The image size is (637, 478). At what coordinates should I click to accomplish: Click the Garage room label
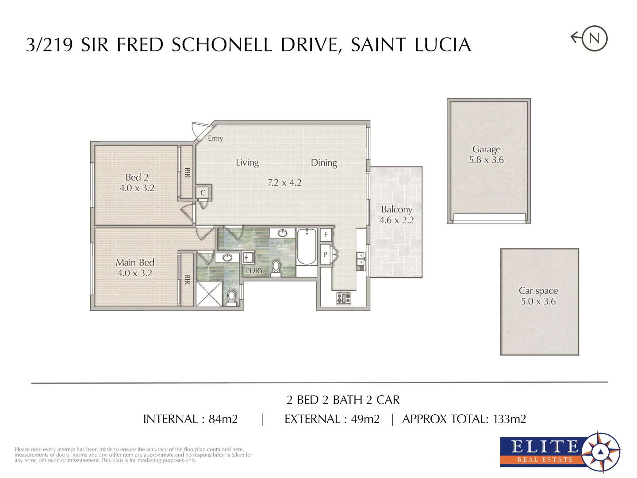(x=486, y=149)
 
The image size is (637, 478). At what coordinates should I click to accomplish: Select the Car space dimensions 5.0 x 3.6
(x=538, y=302)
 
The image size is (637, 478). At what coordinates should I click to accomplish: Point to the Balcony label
(x=397, y=209)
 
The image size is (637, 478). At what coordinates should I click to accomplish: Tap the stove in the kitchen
(x=344, y=298)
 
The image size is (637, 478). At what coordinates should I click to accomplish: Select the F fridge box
(x=326, y=235)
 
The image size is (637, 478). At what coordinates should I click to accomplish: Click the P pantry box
(x=325, y=255)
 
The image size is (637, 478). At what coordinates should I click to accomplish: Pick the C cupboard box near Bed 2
(x=203, y=193)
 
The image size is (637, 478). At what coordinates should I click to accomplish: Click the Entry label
(x=215, y=139)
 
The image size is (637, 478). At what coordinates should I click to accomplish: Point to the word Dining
(x=324, y=163)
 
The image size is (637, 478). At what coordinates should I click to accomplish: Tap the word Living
(x=247, y=162)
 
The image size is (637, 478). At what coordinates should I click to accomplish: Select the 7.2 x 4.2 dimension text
(x=284, y=183)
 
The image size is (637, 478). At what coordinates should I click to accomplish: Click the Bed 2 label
(x=137, y=177)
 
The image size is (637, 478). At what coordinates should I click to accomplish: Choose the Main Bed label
(x=135, y=262)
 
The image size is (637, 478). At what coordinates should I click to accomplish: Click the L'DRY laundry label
(x=254, y=270)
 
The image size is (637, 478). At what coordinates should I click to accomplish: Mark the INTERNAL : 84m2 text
(x=190, y=419)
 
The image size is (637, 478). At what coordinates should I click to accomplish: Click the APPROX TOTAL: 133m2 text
(x=464, y=419)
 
